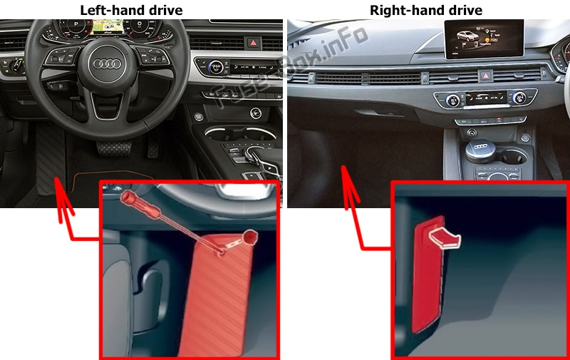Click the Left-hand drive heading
(x=131, y=10)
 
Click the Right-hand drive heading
(x=425, y=10)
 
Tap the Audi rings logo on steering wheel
(x=107, y=64)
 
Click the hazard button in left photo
(x=254, y=43)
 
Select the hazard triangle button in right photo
(x=486, y=76)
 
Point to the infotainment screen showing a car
(x=484, y=39)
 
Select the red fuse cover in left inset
(x=216, y=294)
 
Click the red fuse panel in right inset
(x=427, y=277)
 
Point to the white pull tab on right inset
(x=445, y=238)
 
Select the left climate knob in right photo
(x=452, y=100)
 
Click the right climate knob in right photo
(x=519, y=98)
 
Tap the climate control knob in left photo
(x=216, y=67)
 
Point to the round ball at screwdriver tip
(x=250, y=237)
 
